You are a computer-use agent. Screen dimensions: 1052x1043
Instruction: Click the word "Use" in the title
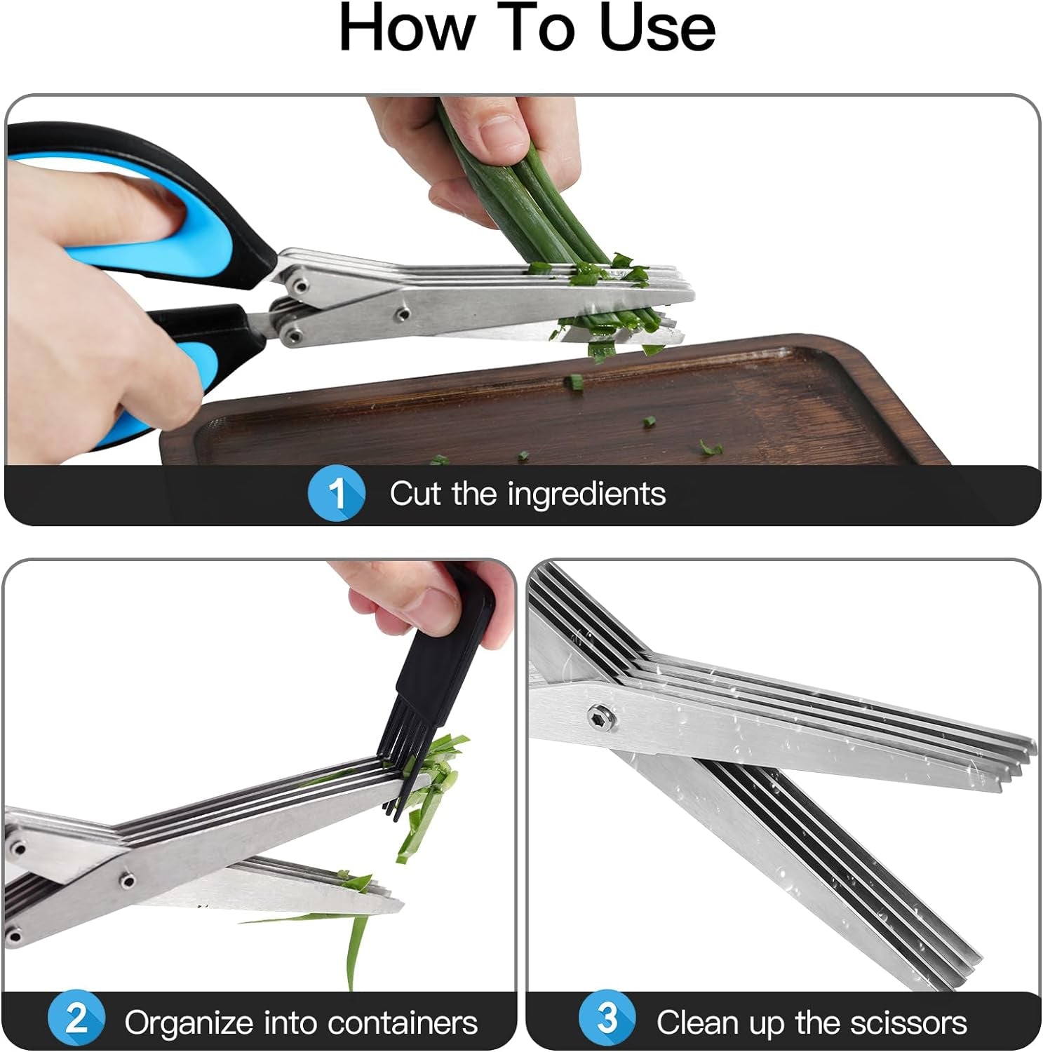tap(657, 28)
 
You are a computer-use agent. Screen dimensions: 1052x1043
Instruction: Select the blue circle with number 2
tap(76, 1020)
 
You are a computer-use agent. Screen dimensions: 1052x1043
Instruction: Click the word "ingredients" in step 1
tap(586, 494)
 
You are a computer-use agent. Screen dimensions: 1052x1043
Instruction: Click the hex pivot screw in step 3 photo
tap(603, 717)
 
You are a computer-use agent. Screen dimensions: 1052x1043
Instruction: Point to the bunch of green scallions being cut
tap(533, 203)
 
